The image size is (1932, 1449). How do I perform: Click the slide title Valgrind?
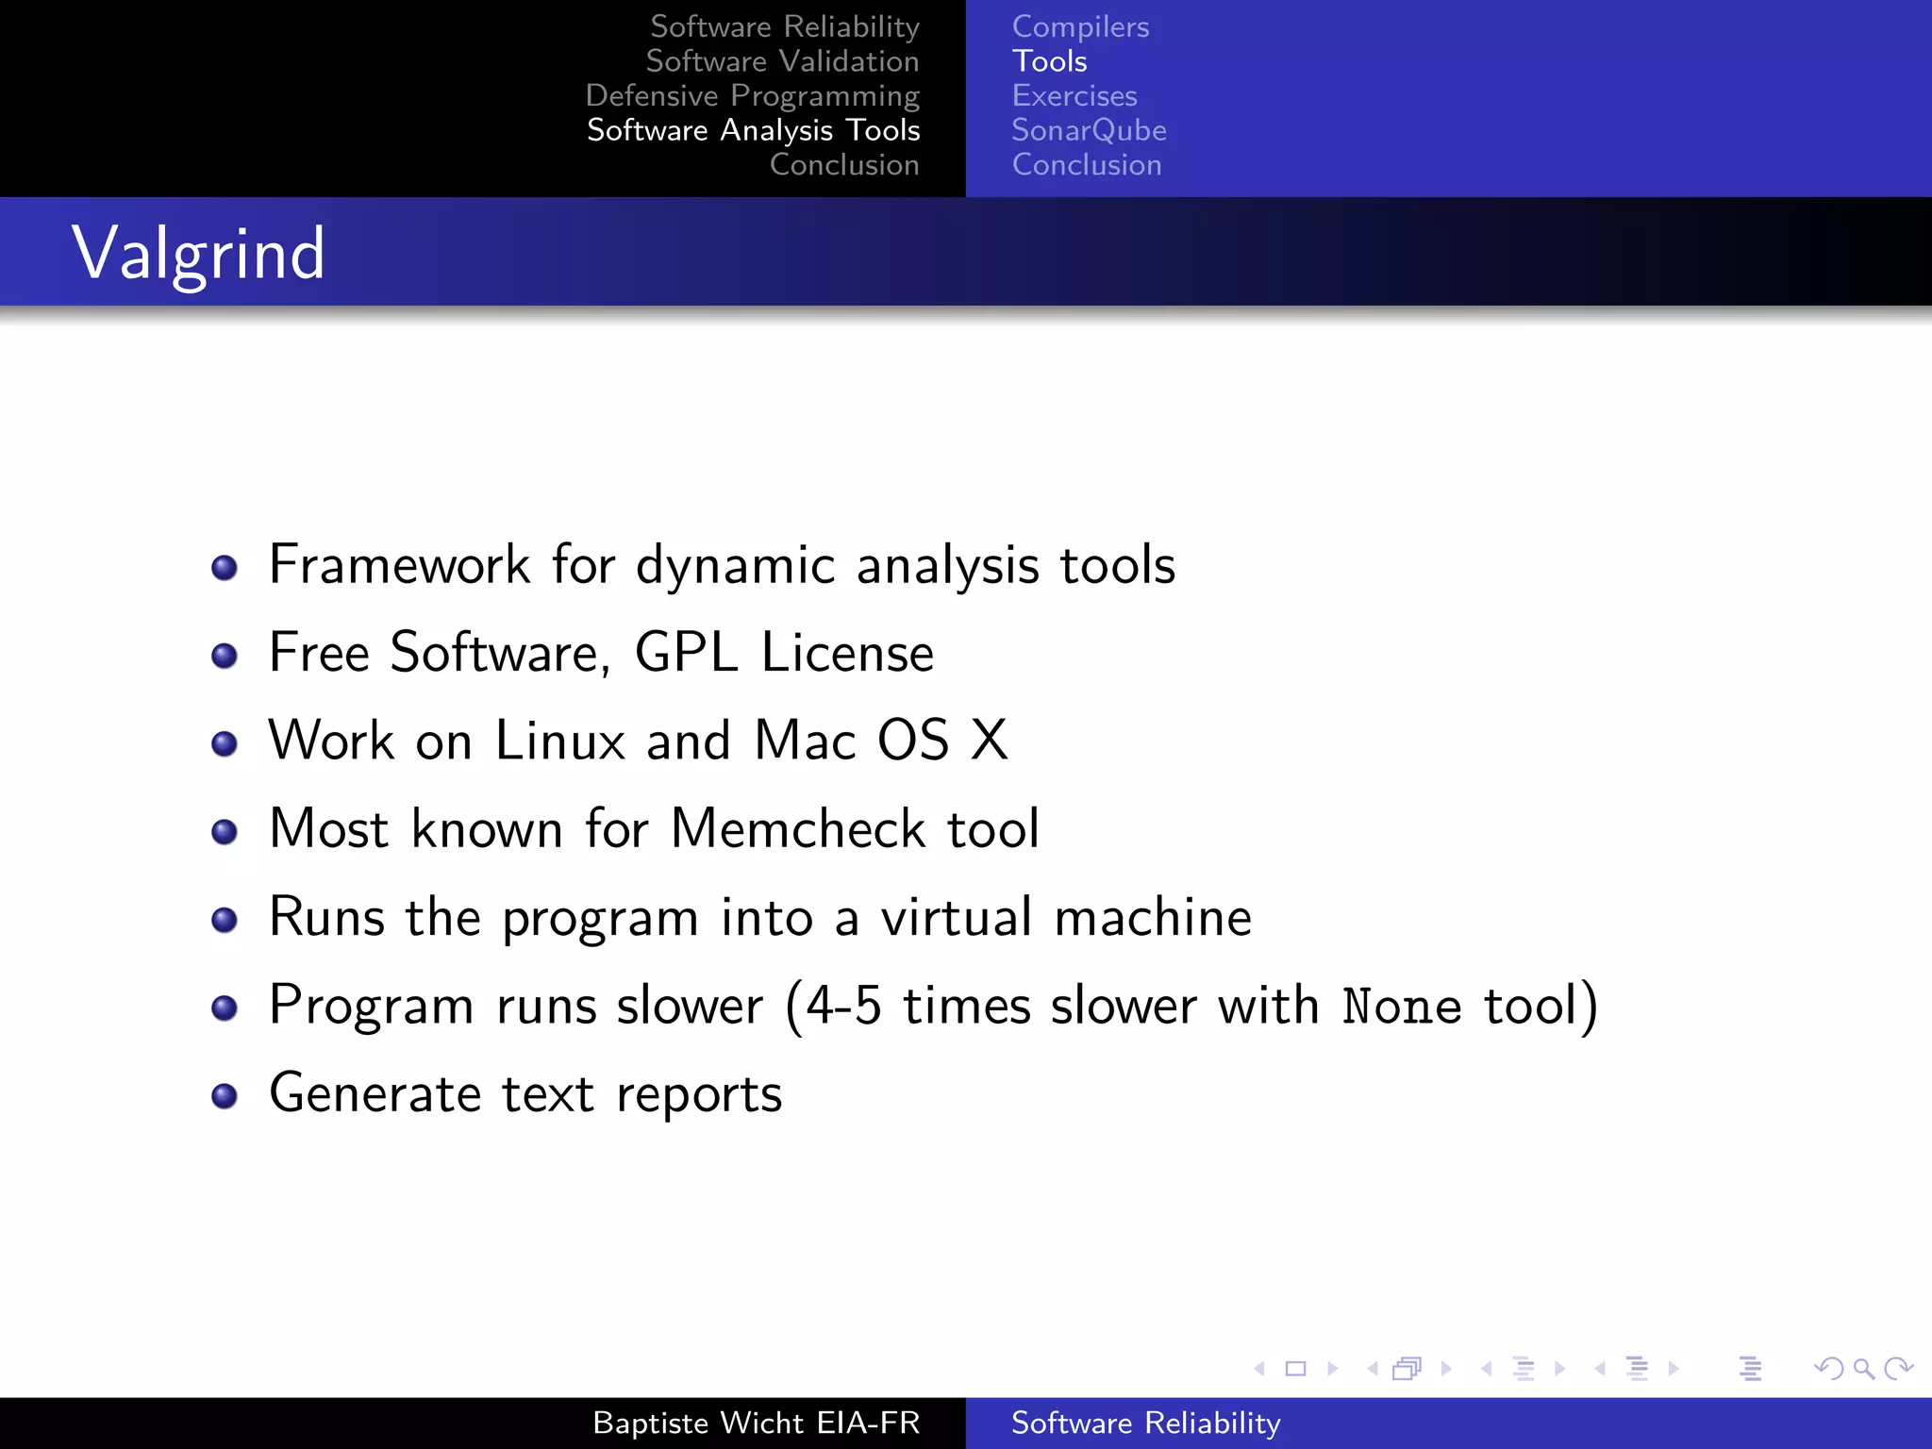198,253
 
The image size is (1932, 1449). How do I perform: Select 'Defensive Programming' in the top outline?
752,96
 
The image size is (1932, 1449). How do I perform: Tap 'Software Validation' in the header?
782,61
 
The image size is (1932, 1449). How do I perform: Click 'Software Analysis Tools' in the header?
753,130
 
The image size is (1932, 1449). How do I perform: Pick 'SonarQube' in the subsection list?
1089,130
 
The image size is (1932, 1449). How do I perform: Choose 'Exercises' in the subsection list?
1074,96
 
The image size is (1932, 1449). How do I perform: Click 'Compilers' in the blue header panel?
1080,27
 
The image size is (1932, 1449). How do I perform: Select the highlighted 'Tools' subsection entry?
1049,61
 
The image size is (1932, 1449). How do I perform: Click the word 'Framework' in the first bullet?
399,565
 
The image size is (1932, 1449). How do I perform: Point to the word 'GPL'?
686,653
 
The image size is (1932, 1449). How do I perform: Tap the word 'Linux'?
559,741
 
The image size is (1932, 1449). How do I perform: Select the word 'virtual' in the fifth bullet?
956,917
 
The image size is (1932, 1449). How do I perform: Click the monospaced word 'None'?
1402,1006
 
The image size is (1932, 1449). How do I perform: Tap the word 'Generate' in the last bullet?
375,1094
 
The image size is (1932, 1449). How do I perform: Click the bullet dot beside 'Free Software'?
225,656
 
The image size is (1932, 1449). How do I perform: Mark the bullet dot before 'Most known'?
225,832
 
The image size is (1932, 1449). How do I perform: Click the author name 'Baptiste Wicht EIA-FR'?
756,1423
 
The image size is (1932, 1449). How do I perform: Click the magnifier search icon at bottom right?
1863,1368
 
